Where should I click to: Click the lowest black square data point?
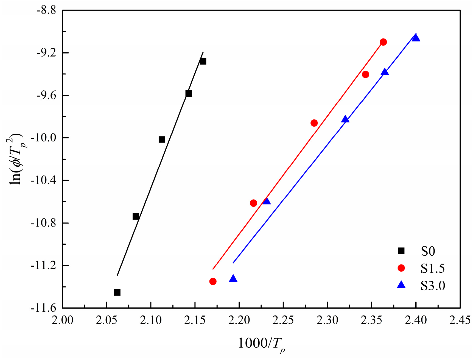coord(117,292)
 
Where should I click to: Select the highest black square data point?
coord(203,61)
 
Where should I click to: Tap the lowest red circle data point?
coord(213,281)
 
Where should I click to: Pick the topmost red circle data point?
coord(383,42)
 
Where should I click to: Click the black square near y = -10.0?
coord(162,139)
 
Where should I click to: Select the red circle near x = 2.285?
coord(314,123)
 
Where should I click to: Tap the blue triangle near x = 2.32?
coord(345,119)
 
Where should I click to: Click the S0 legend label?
coord(428,251)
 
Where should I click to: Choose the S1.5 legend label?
coord(433,269)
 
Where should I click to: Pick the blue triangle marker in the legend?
coord(401,285)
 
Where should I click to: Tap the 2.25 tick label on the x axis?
coord(283,320)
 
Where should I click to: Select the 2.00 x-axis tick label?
coord(63,320)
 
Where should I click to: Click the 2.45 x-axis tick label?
coord(460,320)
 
